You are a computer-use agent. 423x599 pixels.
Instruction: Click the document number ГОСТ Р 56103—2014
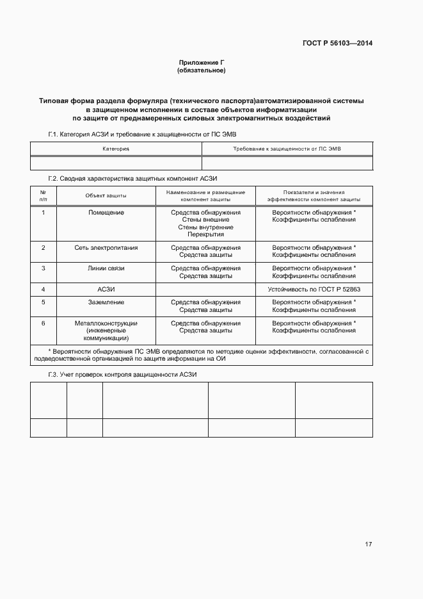click(337, 44)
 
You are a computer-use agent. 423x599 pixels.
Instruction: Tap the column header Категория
click(116, 149)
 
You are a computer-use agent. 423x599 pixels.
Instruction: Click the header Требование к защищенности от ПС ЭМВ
click(287, 149)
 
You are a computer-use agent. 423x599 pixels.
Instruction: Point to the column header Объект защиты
click(106, 195)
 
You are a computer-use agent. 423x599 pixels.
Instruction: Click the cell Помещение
click(106, 212)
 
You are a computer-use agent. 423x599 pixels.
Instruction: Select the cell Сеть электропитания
click(106, 247)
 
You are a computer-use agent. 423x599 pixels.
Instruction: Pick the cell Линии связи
click(106, 268)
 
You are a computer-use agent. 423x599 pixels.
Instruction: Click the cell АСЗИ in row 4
click(106, 290)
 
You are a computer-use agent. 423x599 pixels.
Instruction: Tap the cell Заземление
click(106, 302)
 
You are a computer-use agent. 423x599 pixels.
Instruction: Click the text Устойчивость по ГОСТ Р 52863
click(314, 290)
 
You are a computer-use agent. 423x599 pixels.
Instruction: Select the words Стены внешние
click(205, 220)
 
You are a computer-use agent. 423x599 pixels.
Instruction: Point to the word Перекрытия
click(205, 234)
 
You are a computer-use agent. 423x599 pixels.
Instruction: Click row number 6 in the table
click(44, 323)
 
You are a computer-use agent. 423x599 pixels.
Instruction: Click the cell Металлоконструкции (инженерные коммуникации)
click(106, 331)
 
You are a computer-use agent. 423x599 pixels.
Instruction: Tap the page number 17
click(368, 545)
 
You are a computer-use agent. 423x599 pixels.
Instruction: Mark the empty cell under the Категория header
click(116, 163)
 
